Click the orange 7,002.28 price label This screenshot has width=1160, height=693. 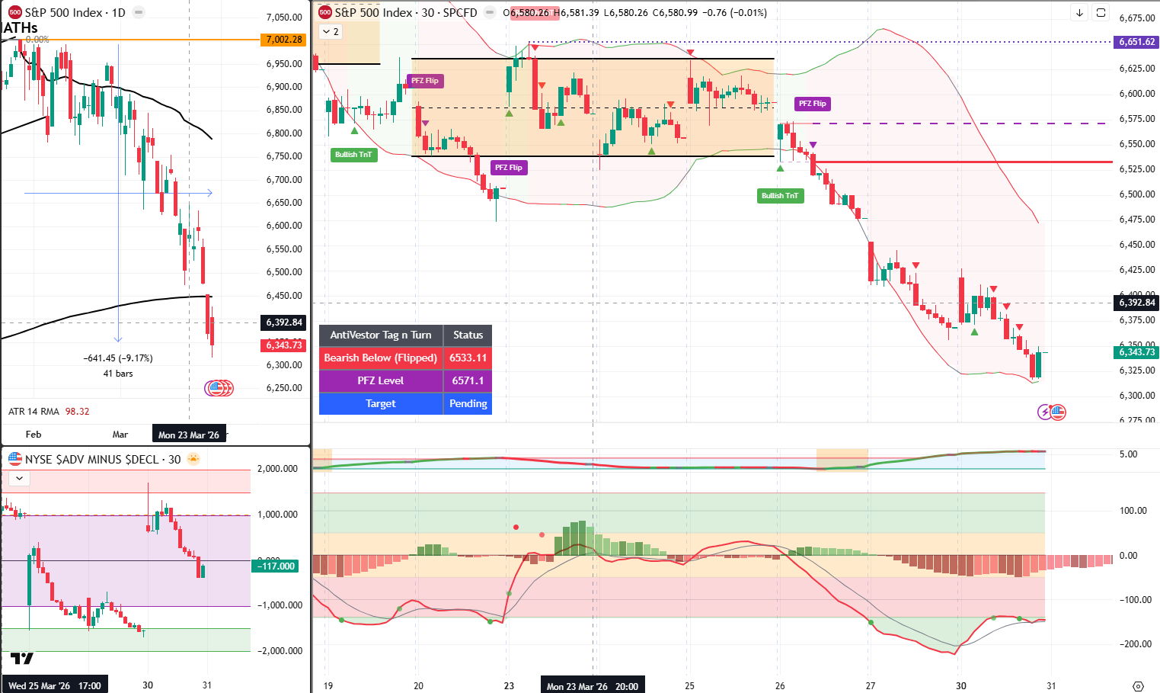[x=284, y=40]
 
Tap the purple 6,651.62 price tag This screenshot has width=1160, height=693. [x=1136, y=42]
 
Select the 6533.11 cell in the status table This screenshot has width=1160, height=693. [x=468, y=358]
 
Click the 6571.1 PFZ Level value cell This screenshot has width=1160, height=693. [x=468, y=380]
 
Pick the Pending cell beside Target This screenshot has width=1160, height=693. [x=468, y=403]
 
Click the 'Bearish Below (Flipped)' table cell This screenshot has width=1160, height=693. [x=380, y=358]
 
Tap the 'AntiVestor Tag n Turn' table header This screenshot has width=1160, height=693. [x=380, y=335]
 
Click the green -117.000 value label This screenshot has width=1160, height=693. [x=276, y=566]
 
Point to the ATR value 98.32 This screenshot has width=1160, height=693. [x=78, y=412]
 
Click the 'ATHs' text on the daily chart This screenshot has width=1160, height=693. [x=21, y=28]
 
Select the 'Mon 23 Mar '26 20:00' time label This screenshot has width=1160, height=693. [x=592, y=686]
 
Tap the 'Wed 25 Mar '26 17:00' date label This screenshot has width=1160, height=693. [x=54, y=685]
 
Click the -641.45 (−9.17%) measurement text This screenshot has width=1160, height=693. [x=118, y=358]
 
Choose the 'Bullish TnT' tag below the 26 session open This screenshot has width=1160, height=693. [x=779, y=196]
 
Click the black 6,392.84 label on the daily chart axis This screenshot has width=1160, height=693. [x=284, y=322]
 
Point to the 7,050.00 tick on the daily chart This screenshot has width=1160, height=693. [x=284, y=18]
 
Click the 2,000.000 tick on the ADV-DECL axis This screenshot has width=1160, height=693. [x=277, y=469]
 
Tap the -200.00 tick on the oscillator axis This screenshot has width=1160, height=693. [x=1133, y=644]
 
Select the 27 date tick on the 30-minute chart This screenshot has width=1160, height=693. [x=871, y=686]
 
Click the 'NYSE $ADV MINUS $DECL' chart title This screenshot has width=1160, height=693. [x=91, y=459]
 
